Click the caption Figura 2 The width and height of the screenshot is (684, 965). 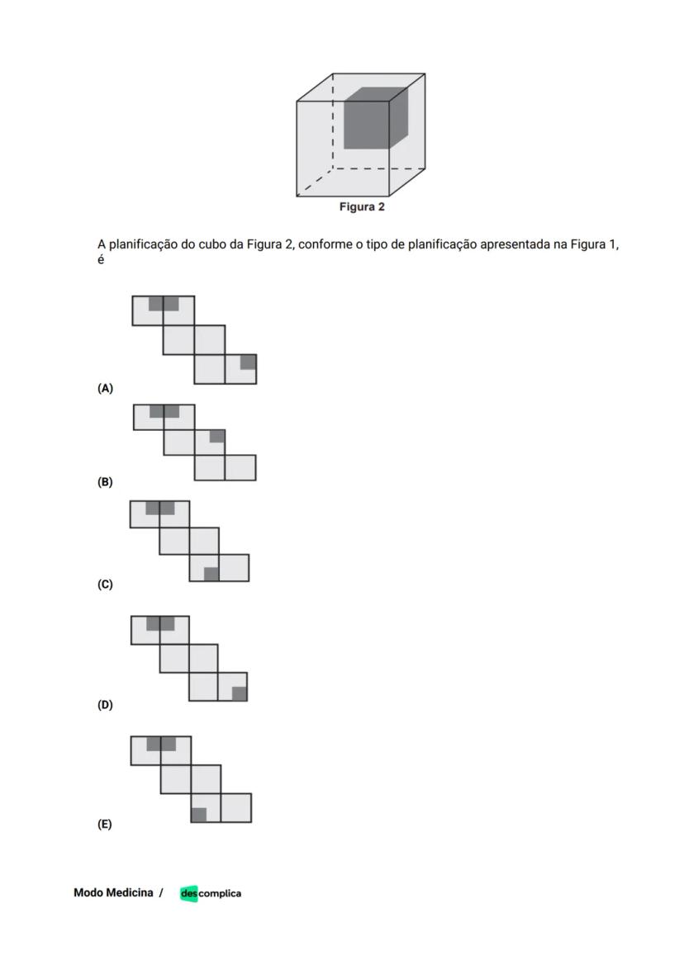coord(362,207)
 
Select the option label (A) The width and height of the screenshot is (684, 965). coord(105,388)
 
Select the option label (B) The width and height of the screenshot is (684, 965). coord(105,482)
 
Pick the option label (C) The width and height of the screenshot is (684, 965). coord(105,584)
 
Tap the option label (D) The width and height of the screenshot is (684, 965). coord(105,705)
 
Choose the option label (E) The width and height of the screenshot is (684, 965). coord(105,824)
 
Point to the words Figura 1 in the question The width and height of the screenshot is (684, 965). coord(593,245)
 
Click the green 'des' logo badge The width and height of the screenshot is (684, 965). coord(189,893)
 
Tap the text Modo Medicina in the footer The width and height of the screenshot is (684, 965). coord(113,892)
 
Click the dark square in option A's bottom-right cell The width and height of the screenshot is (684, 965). coord(248,362)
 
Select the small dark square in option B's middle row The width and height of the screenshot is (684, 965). coord(217,436)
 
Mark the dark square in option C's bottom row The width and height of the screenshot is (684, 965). coord(211,575)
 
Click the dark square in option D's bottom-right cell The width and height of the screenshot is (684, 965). coord(240,693)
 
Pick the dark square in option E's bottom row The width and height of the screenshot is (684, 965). coord(198,815)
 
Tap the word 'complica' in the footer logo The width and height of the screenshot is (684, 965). coord(220,893)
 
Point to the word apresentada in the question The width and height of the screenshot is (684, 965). coord(514,245)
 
